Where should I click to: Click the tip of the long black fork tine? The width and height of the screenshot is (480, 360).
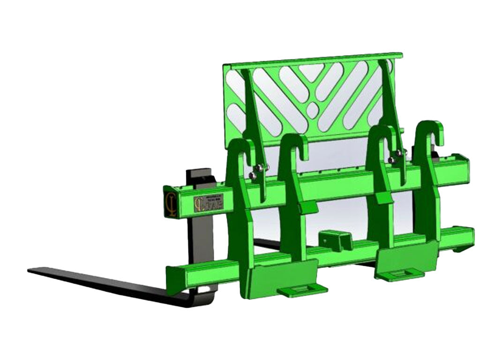(x=32, y=271)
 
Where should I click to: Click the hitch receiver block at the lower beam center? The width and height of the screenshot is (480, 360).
(x=334, y=240)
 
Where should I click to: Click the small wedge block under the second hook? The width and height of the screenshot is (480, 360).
(x=307, y=207)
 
